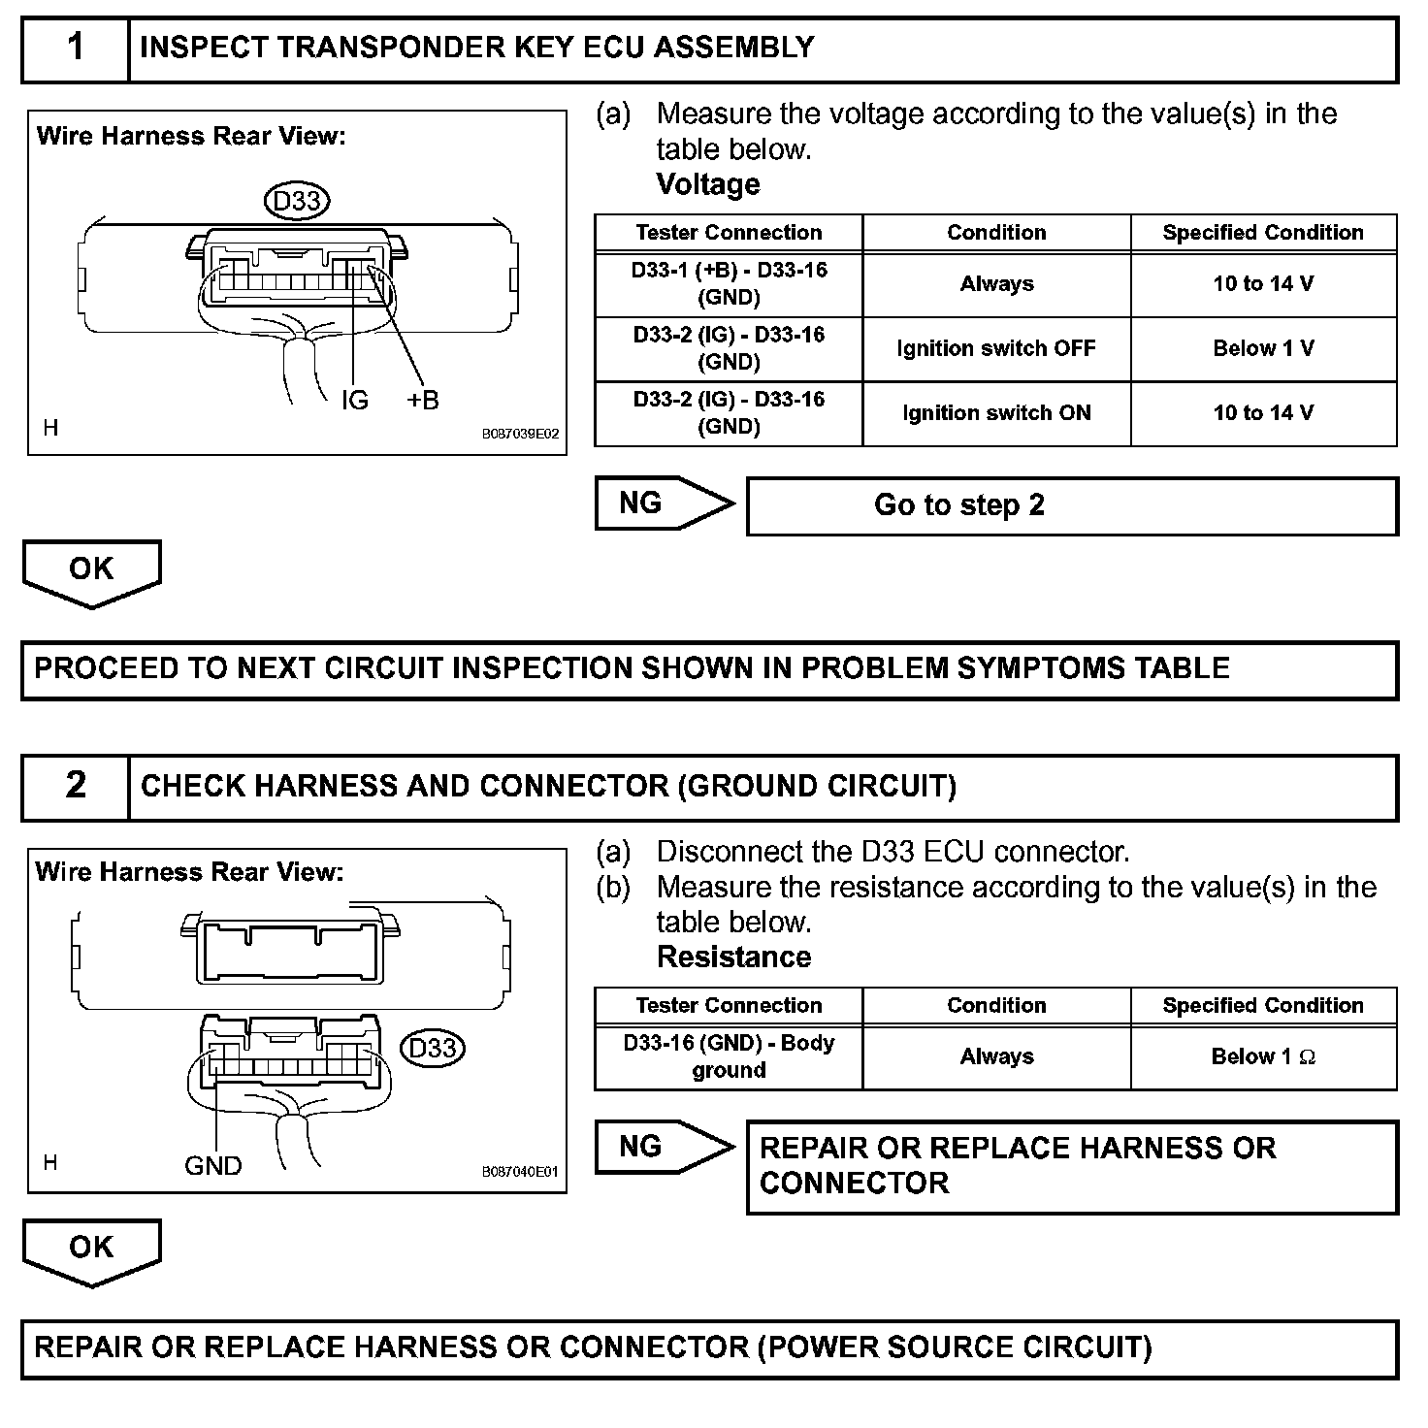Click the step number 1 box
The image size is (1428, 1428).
tap(76, 48)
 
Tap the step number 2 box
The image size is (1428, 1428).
tap(76, 786)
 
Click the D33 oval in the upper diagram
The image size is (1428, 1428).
tap(297, 201)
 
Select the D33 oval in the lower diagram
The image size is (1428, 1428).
tap(433, 1048)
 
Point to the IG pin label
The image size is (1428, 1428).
tap(355, 400)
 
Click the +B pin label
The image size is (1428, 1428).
tap(423, 400)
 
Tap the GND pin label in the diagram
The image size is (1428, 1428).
tap(212, 1165)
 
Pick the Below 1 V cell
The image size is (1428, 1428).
tap(1263, 348)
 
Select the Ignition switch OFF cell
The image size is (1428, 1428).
tap(996, 348)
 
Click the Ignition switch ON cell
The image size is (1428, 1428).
tap(996, 413)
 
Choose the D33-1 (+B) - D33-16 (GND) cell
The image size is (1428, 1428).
tap(729, 283)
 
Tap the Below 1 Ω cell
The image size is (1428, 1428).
tap(1263, 1056)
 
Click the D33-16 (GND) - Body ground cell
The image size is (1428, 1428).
tap(729, 1056)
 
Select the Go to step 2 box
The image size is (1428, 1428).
tap(1072, 505)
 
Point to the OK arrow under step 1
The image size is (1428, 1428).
tap(91, 571)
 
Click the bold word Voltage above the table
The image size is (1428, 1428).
tap(708, 184)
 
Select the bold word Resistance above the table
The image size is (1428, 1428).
tap(733, 957)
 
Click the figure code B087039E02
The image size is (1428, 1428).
tap(520, 435)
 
